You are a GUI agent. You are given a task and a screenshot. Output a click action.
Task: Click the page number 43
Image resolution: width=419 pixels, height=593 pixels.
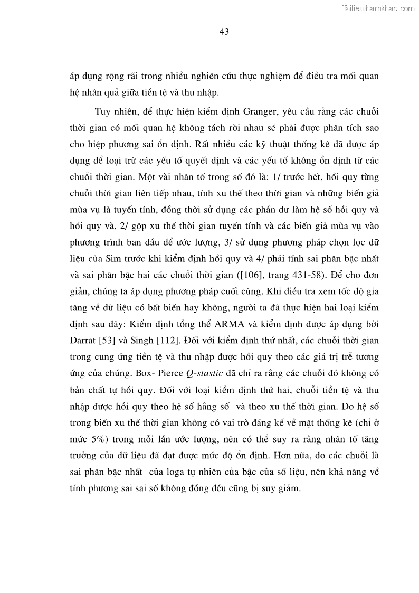pos(224,32)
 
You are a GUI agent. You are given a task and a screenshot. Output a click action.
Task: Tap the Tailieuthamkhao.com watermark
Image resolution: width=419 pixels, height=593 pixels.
pos(378,8)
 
